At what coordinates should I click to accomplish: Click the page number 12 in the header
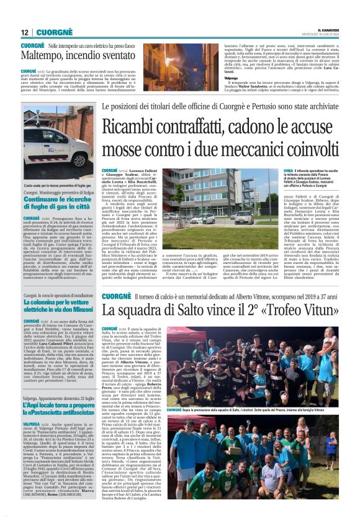(x=25, y=32)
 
